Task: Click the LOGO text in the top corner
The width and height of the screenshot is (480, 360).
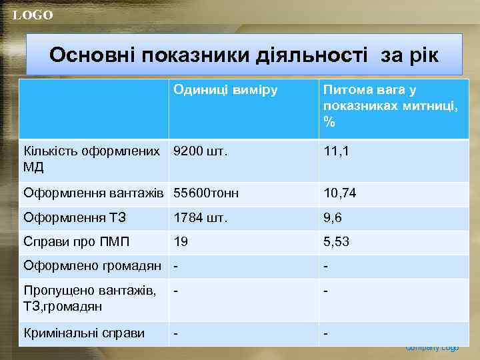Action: tap(32, 15)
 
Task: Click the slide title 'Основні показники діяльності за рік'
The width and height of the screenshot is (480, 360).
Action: tap(243, 55)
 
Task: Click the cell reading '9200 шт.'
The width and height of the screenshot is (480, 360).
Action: tap(200, 151)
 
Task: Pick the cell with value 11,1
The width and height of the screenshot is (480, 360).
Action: tap(336, 151)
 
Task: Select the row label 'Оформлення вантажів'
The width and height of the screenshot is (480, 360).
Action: tap(93, 193)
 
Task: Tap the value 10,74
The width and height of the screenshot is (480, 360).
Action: tap(340, 193)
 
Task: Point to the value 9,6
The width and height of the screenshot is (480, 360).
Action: tap(333, 217)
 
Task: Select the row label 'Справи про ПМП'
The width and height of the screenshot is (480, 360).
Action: tap(77, 241)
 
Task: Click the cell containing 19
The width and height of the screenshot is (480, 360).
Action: tap(181, 241)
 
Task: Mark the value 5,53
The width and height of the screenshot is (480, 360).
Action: tap(337, 241)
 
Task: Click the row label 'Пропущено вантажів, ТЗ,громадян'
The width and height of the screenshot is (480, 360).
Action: tap(90, 298)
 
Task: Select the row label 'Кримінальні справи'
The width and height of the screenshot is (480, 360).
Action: tap(84, 333)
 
